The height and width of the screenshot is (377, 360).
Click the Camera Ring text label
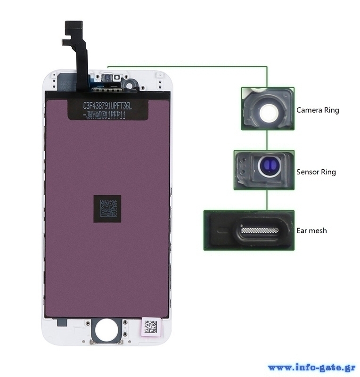(x=318, y=110)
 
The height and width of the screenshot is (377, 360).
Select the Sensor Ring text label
(x=316, y=172)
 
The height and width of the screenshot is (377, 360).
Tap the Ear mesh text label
(x=311, y=231)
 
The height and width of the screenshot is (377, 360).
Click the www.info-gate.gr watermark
(x=312, y=368)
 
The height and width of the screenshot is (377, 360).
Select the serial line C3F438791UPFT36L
(x=107, y=106)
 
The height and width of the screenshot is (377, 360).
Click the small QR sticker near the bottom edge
(x=151, y=327)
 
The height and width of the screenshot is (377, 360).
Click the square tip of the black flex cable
(x=74, y=28)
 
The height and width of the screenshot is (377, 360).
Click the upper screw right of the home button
(x=125, y=323)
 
